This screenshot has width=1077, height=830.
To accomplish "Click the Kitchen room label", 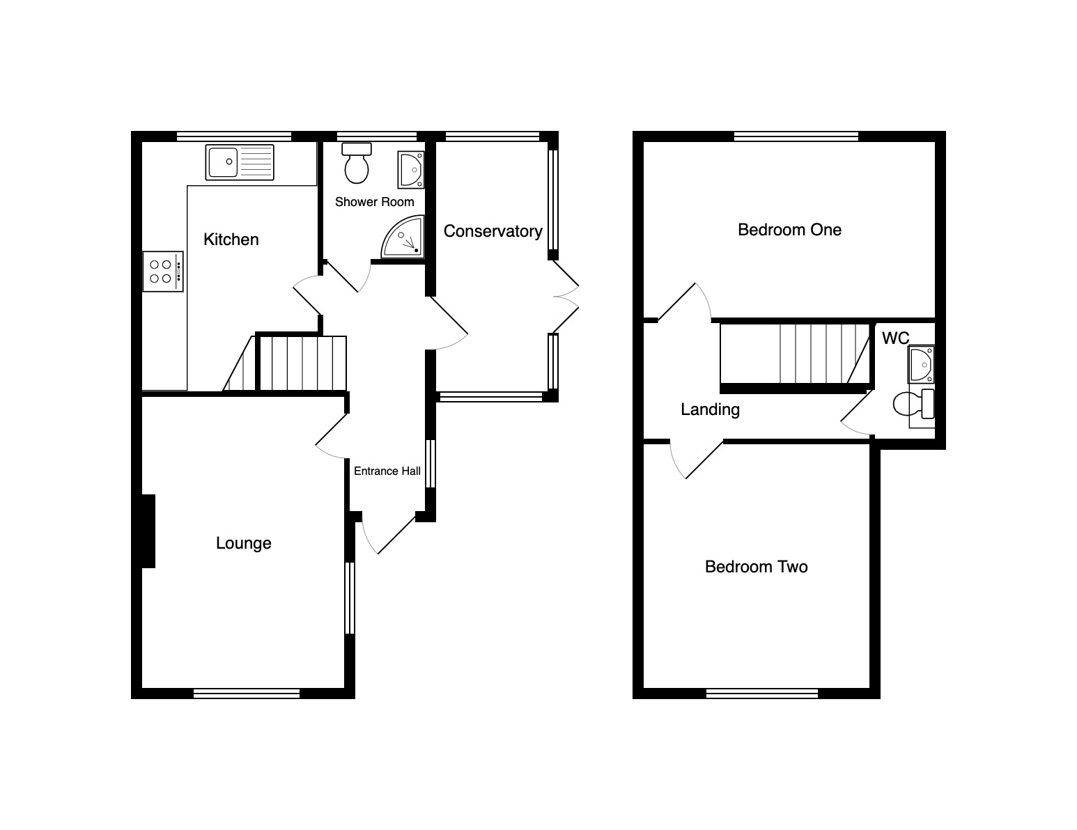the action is pos(231,240).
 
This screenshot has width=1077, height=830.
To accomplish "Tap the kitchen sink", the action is pos(240,162).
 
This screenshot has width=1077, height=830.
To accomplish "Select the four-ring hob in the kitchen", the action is pos(163,272).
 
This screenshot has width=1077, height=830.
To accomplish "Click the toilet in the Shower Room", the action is pos(357,163).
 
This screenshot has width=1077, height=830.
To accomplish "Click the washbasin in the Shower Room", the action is pos(411,171).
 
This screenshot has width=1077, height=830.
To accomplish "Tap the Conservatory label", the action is pos(493,231).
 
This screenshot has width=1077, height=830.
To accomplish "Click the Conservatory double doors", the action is pos(566,297).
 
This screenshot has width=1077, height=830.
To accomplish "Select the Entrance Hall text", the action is pos(387,471).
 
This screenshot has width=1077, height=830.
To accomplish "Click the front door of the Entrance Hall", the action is pos(389,533).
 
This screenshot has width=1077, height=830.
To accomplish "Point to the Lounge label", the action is pos(243,543).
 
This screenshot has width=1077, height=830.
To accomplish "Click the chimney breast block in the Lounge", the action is pos(148,531).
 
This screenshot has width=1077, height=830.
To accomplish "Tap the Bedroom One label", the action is pos(789,230).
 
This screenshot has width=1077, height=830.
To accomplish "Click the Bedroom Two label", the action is pos(757,567).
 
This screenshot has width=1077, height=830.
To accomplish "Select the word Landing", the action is pos(711,409).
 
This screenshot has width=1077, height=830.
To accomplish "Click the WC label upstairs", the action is pos(896,338).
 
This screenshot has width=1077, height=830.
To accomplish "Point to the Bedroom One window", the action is pos(796,136).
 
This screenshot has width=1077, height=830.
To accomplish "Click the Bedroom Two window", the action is pos(762,694).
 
